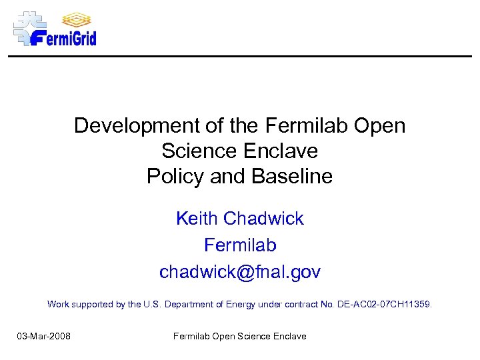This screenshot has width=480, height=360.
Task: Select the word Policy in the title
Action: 175,177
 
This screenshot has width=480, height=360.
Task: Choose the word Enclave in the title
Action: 281,151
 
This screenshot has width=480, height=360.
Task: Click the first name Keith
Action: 197,219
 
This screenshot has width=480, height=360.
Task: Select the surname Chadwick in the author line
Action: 263,219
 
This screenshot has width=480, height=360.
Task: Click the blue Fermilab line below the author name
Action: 240,245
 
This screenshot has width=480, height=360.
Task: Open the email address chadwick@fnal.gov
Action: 240,272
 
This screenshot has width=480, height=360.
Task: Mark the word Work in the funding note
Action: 58,304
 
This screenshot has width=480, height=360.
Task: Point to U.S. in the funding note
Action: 152,304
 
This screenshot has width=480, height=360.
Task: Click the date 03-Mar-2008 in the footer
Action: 44,336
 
